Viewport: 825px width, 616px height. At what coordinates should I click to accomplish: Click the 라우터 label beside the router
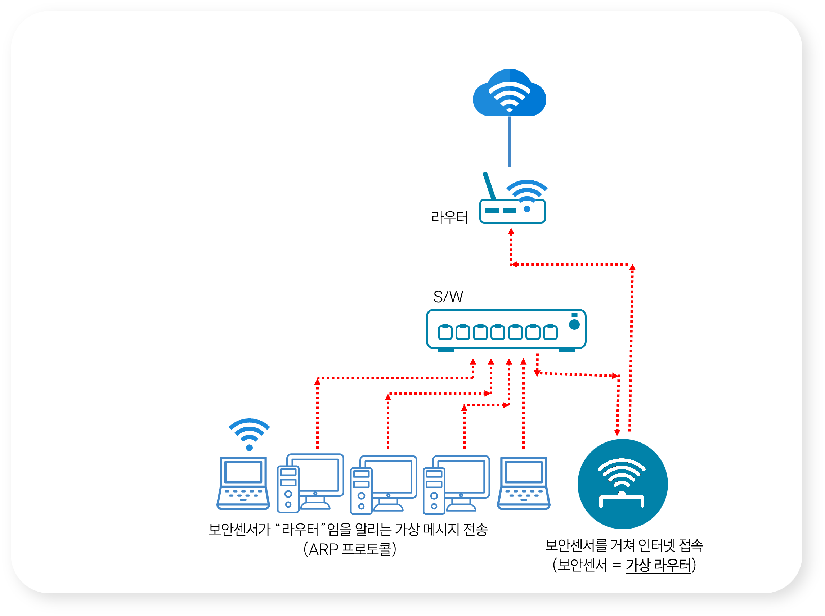tap(449, 217)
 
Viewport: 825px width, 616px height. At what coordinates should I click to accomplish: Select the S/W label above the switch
tap(448, 297)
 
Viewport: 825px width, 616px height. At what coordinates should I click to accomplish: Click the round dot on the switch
tap(574, 325)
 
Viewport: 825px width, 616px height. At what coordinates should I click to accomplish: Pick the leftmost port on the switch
tap(445, 332)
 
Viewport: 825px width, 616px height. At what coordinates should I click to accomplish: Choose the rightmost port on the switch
tap(550, 332)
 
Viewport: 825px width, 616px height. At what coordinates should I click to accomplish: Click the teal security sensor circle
tap(623, 484)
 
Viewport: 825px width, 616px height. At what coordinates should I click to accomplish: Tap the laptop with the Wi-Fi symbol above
tap(243, 483)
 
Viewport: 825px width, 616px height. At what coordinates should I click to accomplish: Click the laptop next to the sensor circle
tap(524, 483)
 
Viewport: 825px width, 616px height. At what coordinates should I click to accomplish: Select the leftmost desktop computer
tap(310, 483)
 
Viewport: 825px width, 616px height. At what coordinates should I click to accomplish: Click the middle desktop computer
tap(384, 485)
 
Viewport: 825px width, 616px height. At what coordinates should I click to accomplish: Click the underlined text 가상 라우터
tap(659, 565)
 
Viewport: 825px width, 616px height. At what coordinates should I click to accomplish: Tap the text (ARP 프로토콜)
tap(350, 549)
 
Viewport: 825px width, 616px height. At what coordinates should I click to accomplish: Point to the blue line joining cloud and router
tap(510, 142)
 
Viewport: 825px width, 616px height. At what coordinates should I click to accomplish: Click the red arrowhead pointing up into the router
tap(511, 231)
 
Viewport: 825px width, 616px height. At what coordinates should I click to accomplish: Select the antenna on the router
tap(489, 186)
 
